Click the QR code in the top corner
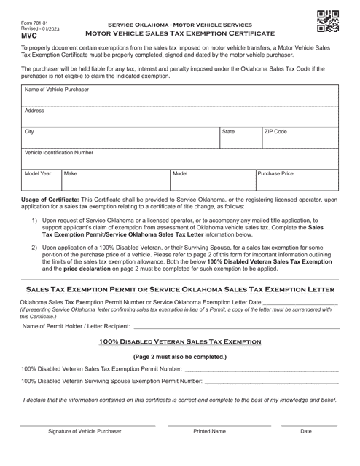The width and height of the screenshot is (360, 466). click(328, 23)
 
